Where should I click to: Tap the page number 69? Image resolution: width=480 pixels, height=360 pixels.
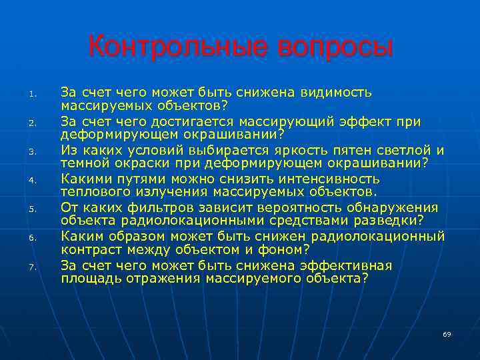447,333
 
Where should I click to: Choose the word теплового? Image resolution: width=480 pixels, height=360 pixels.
92,192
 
